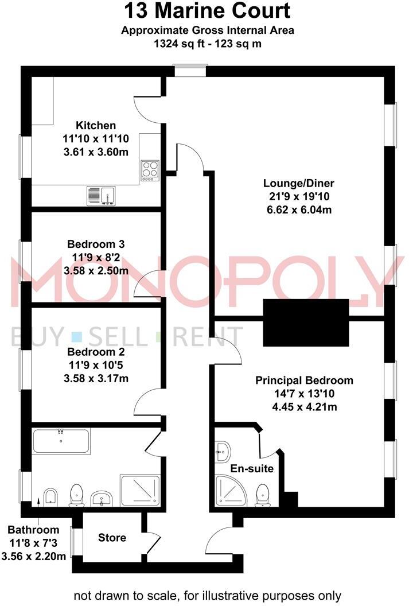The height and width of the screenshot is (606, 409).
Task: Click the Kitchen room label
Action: (96, 125)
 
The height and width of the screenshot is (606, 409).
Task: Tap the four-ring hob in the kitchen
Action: (150, 170)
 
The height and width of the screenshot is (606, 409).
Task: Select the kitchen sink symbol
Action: (102, 196)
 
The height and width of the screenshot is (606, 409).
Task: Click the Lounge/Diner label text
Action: (298, 184)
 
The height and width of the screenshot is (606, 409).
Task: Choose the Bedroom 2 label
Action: (96, 352)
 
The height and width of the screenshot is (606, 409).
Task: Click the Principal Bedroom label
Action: (304, 380)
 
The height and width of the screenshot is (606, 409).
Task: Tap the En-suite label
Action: (252, 469)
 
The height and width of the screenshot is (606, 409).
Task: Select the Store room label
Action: (112, 538)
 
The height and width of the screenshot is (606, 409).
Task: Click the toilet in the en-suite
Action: (263, 494)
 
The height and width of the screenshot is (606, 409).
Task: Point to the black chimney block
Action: (306, 323)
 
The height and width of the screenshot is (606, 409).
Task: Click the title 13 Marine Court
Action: (207, 11)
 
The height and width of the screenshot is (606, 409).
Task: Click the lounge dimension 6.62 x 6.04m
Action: (298, 209)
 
